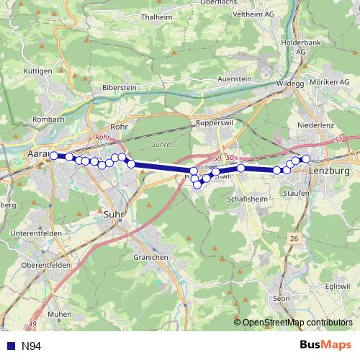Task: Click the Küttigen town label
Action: click(x=38, y=71)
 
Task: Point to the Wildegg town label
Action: click(x=290, y=84)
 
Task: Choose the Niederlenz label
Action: click(x=314, y=125)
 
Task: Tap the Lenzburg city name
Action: click(x=328, y=171)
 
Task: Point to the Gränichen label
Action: click(x=150, y=257)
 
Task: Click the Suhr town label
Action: click(x=113, y=214)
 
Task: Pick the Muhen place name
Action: click(x=59, y=315)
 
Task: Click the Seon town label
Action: click(x=281, y=298)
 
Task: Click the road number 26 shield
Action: click(x=293, y=238)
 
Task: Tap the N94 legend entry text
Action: click(x=30, y=346)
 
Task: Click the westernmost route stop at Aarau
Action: click(x=53, y=156)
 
